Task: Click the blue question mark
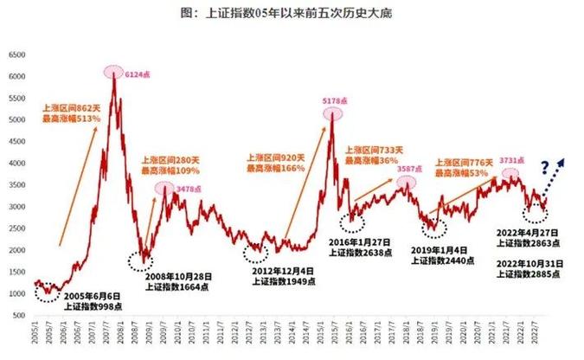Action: click(x=546, y=167)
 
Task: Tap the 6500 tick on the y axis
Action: click(x=16, y=54)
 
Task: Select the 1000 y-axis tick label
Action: click(x=16, y=294)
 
